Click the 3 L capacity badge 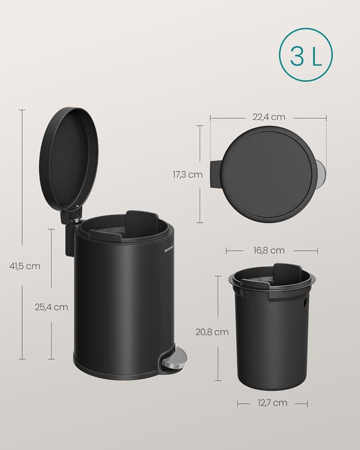click(x=305, y=55)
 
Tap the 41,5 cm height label click(x=25, y=266)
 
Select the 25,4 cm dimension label click(x=51, y=307)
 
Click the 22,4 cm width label click(x=268, y=117)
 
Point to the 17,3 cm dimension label click(x=187, y=175)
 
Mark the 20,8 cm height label click(x=212, y=332)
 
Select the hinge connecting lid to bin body click(x=71, y=217)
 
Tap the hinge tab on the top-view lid click(x=216, y=174)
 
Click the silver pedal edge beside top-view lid click(x=321, y=173)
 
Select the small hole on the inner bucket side click(x=305, y=302)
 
